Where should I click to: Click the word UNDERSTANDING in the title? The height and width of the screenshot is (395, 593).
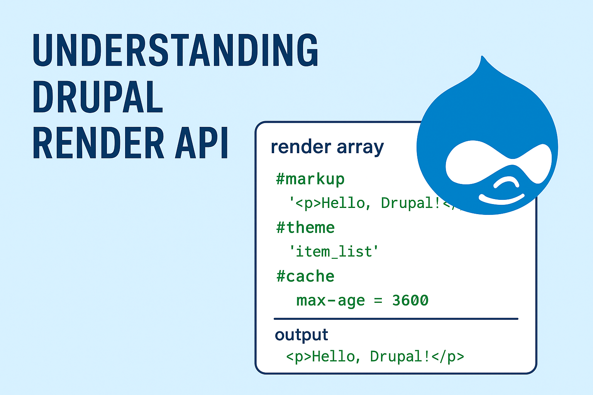(x=176, y=50)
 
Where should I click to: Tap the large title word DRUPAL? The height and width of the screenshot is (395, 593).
(x=98, y=97)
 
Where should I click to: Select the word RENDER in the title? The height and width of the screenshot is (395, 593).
(x=98, y=143)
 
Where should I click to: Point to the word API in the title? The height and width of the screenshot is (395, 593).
(x=202, y=143)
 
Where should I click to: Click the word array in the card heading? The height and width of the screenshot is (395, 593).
(x=360, y=147)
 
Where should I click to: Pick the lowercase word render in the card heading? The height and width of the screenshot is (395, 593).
(x=301, y=147)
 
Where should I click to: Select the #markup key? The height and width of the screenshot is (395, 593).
(x=310, y=179)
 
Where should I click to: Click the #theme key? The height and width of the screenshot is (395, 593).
(x=305, y=228)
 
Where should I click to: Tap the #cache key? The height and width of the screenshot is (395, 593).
(x=305, y=276)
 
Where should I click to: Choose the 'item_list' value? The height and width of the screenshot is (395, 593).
(x=334, y=252)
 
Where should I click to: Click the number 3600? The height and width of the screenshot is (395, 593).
(x=410, y=300)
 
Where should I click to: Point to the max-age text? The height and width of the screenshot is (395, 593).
(x=330, y=300)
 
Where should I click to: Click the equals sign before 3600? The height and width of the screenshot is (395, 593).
(x=378, y=301)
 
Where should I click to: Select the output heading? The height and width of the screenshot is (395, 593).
(x=301, y=335)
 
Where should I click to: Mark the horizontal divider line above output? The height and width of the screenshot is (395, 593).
(x=396, y=319)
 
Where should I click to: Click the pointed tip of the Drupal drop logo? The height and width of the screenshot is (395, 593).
(x=482, y=58)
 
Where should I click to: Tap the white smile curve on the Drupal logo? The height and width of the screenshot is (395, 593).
(x=502, y=199)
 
